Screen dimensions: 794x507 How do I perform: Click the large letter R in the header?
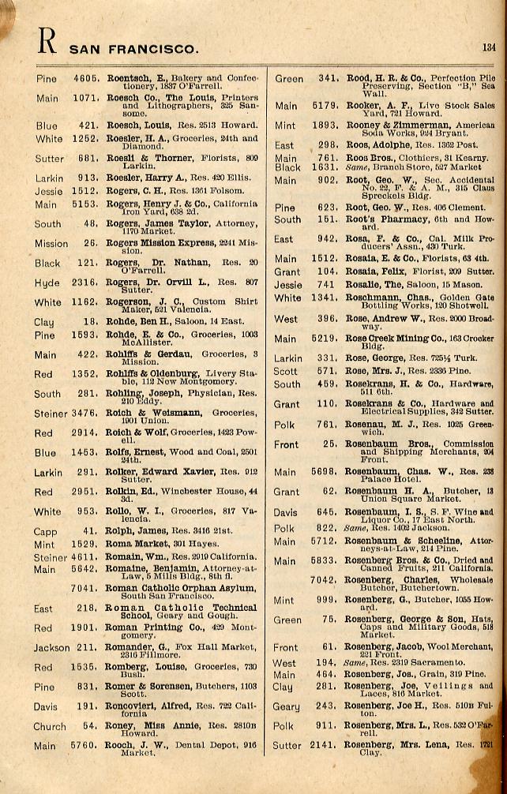pos(47,41)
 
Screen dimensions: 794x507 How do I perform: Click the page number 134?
pos(489,47)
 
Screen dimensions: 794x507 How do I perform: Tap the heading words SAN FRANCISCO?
pos(134,49)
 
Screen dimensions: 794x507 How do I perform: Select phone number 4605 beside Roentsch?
pos(86,79)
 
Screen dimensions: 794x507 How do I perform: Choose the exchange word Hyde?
pos(47,282)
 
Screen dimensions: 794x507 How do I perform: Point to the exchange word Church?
pos(50,726)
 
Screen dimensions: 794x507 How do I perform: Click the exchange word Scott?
pos(286,370)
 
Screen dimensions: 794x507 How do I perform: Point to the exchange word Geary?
pos(286,706)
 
